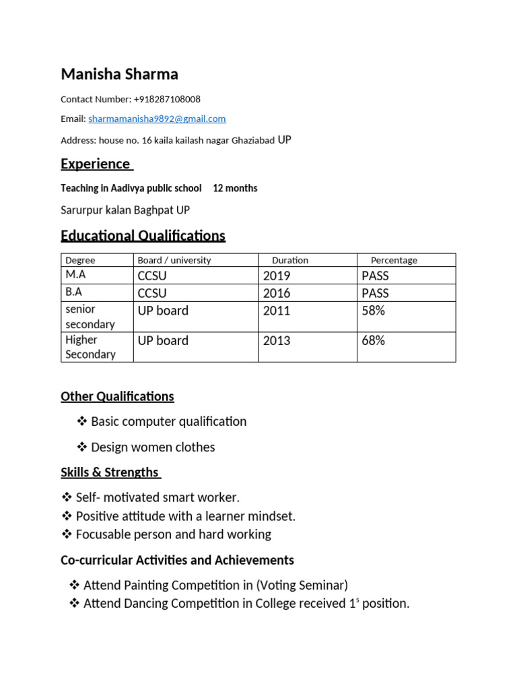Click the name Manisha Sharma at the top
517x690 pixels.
[119, 74]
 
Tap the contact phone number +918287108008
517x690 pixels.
[167, 99]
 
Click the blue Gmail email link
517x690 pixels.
[157, 119]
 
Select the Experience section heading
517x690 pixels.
[96, 164]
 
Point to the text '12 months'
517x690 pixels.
[235, 188]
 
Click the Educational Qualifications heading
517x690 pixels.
[143, 236]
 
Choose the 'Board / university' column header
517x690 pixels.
[174, 260]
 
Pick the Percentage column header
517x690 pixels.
[394, 260]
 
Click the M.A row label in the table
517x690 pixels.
[76, 276]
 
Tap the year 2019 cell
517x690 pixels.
[277, 276]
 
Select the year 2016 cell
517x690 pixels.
[277, 293]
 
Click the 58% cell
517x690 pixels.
[373, 311]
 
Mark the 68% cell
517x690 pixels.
[373, 341]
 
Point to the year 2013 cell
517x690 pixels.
[277, 341]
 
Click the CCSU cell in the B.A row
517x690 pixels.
[152, 293]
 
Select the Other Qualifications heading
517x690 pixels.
[117, 396]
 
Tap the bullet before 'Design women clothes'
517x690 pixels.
[82, 447]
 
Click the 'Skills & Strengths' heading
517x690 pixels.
[110, 472]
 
